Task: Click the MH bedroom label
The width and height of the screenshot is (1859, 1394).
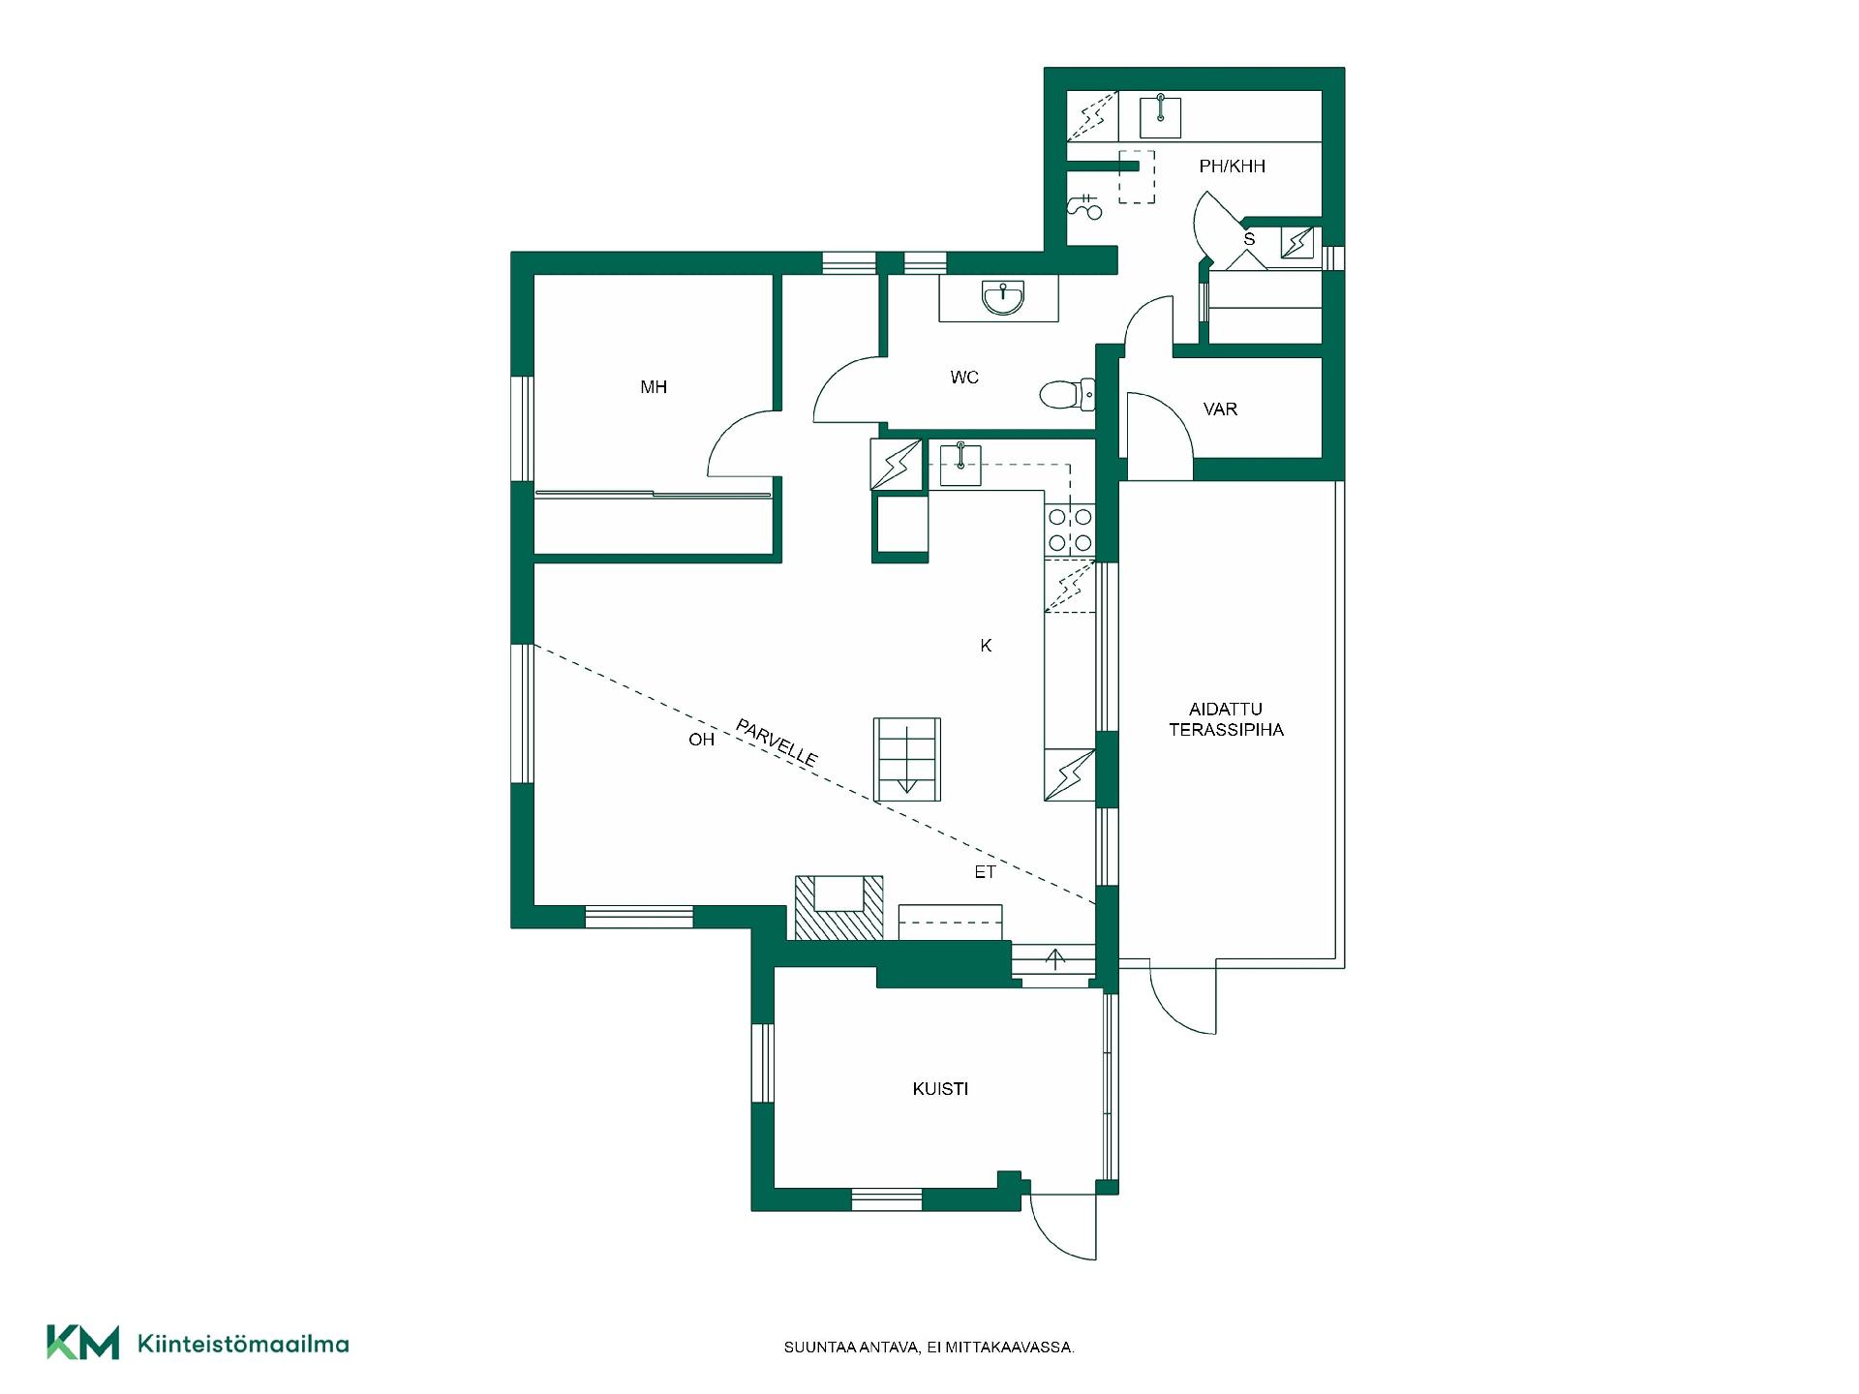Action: pos(654,387)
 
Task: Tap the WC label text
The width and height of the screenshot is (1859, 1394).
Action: pos(964,378)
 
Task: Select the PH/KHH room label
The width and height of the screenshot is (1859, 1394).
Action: pos(1232,167)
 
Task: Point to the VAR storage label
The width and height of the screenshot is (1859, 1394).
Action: pos(1220,409)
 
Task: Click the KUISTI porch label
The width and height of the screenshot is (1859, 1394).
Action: pos(940,1089)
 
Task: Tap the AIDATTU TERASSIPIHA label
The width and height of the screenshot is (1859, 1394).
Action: pos(1226,720)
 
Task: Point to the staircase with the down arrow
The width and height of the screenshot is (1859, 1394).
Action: pos(907,760)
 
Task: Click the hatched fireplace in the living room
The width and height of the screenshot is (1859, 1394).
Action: pos(838,907)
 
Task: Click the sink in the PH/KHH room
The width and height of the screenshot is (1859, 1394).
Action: pos(1160,116)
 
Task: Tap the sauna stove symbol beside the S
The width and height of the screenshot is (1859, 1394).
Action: pos(1297,242)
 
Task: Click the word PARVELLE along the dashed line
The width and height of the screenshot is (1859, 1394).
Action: pos(777,742)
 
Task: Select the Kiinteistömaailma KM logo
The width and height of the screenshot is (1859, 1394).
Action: pos(198,1343)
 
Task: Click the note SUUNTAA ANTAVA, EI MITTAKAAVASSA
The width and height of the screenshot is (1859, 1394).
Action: pos(929,1347)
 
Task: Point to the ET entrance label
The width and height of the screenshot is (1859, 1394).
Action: pos(985,872)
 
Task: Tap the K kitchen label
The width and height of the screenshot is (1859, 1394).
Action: pos(986,646)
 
